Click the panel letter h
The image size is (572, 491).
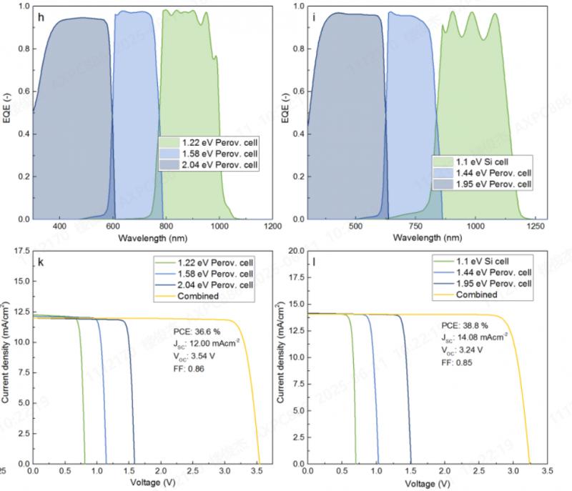41,16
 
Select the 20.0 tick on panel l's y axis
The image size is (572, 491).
294,251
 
